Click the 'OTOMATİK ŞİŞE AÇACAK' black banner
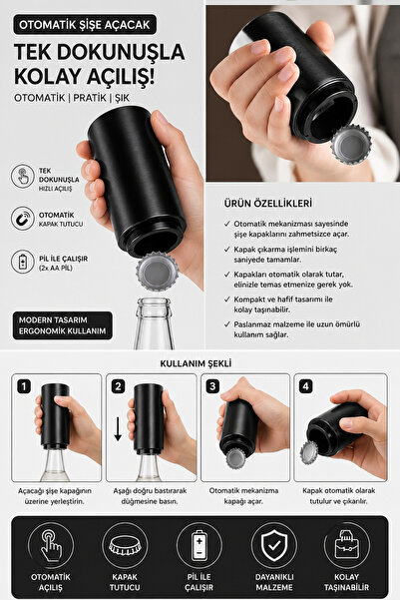click(x=85, y=25)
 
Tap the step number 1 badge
click(x=24, y=386)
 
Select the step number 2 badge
click(x=118, y=386)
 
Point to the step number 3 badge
click(x=212, y=386)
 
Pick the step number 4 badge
click(x=305, y=386)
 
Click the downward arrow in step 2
click(x=118, y=429)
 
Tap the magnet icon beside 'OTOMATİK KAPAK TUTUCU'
click(x=23, y=219)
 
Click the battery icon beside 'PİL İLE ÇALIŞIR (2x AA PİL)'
click(x=23, y=262)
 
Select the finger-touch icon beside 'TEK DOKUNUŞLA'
click(x=23, y=176)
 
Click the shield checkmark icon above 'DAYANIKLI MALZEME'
click(x=273, y=546)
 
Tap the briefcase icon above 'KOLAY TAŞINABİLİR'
click(x=346, y=546)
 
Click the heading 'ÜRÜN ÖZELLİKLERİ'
click(x=267, y=204)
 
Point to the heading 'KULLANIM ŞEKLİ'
click(x=196, y=363)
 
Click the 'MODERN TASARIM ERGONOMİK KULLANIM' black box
click(x=63, y=325)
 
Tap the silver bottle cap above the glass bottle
click(x=158, y=272)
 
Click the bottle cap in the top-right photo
click(x=351, y=145)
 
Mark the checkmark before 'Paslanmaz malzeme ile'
click(x=227, y=324)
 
